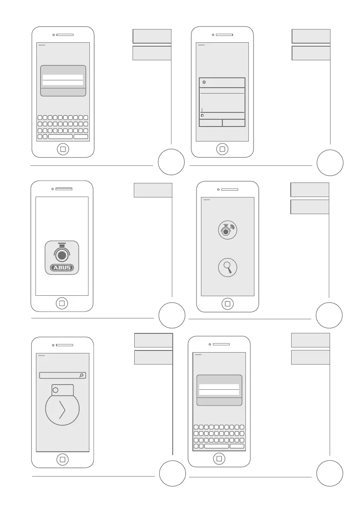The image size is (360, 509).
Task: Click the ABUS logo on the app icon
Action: tap(62, 268)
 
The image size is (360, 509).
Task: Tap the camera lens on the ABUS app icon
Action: tap(62, 256)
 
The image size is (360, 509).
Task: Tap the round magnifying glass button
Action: tap(227, 268)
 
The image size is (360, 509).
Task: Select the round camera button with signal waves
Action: tap(227, 230)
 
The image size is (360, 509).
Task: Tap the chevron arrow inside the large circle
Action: tap(62, 410)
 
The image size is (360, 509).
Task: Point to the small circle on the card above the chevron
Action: tap(56, 390)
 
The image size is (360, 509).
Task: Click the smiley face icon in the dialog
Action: tap(204, 82)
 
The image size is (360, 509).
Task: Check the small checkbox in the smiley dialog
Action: tap(202, 115)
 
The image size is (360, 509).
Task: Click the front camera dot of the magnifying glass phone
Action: tap(218, 189)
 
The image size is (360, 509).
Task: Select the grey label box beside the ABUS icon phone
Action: tap(153, 190)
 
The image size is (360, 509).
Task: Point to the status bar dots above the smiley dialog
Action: tap(201, 45)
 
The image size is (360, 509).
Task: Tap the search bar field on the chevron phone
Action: tap(60, 375)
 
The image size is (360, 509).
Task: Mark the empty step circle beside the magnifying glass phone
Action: tap(329, 315)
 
